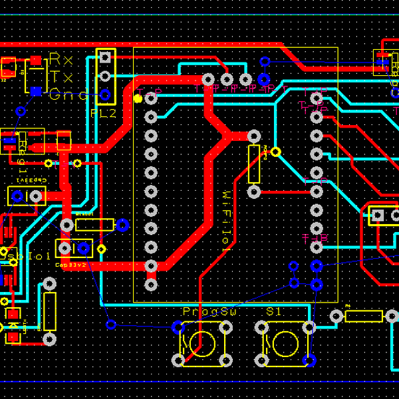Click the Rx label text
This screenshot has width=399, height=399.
click(x=62, y=59)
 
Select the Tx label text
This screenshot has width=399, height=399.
click(x=62, y=76)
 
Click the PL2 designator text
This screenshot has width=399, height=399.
click(x=103, y=114)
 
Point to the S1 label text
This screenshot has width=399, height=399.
click(x=274, y=312)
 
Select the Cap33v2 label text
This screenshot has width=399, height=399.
click(x=71, y=265)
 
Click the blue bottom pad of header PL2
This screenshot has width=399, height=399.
click(x=105, y=95)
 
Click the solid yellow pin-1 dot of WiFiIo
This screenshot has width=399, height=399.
click(x=138, y=98)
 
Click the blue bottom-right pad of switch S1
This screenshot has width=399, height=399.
click(x=310, y=360)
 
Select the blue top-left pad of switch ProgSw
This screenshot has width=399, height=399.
click(x=178, y=327)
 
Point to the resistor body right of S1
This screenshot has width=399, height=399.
click(x=364, y=316)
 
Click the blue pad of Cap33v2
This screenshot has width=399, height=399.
click(x=84, y=249)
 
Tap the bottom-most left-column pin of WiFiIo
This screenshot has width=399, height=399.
click(x=151, y=285)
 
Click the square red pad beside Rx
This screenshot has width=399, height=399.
click(x=36, y=61)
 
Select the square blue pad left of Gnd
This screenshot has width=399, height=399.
click(x=36, y=91)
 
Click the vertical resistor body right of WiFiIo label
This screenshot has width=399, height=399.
click(x=254, y=164)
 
